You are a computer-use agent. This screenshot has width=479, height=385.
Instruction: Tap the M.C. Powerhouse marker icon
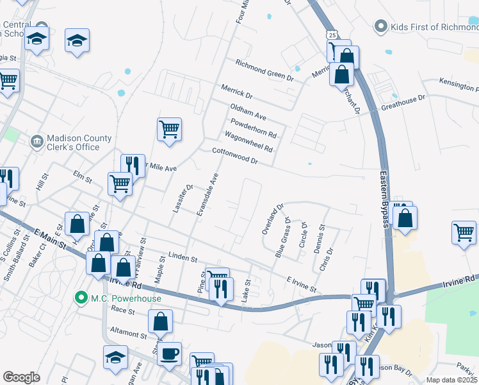click(x=81, y=298)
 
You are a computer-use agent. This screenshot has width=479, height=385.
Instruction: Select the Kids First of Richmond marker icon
click(x=382, y=26)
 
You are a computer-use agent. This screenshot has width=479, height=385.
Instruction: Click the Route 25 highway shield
click(x=330, y=33)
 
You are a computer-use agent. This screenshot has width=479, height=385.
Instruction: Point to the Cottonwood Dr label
click(x=235, y=157)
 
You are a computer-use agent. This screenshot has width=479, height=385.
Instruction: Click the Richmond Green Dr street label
click(x=264, y=71)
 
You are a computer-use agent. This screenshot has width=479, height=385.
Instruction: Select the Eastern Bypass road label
click(x=385, y=198)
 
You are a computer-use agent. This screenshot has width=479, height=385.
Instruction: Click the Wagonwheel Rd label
click(x=248, y=141)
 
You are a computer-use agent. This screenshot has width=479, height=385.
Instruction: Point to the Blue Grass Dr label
click(x=282, y=237)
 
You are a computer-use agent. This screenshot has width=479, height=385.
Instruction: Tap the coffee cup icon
click(x=170, y=354)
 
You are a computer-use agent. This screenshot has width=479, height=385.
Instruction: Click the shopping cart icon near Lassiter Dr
click(x=169, y=128)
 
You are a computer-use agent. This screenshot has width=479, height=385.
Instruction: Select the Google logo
click(x=21, y=377)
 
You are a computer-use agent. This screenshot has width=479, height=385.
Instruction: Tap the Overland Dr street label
click(x=272, y=220)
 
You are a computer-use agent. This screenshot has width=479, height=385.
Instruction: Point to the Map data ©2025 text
click(x=451, y=380)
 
